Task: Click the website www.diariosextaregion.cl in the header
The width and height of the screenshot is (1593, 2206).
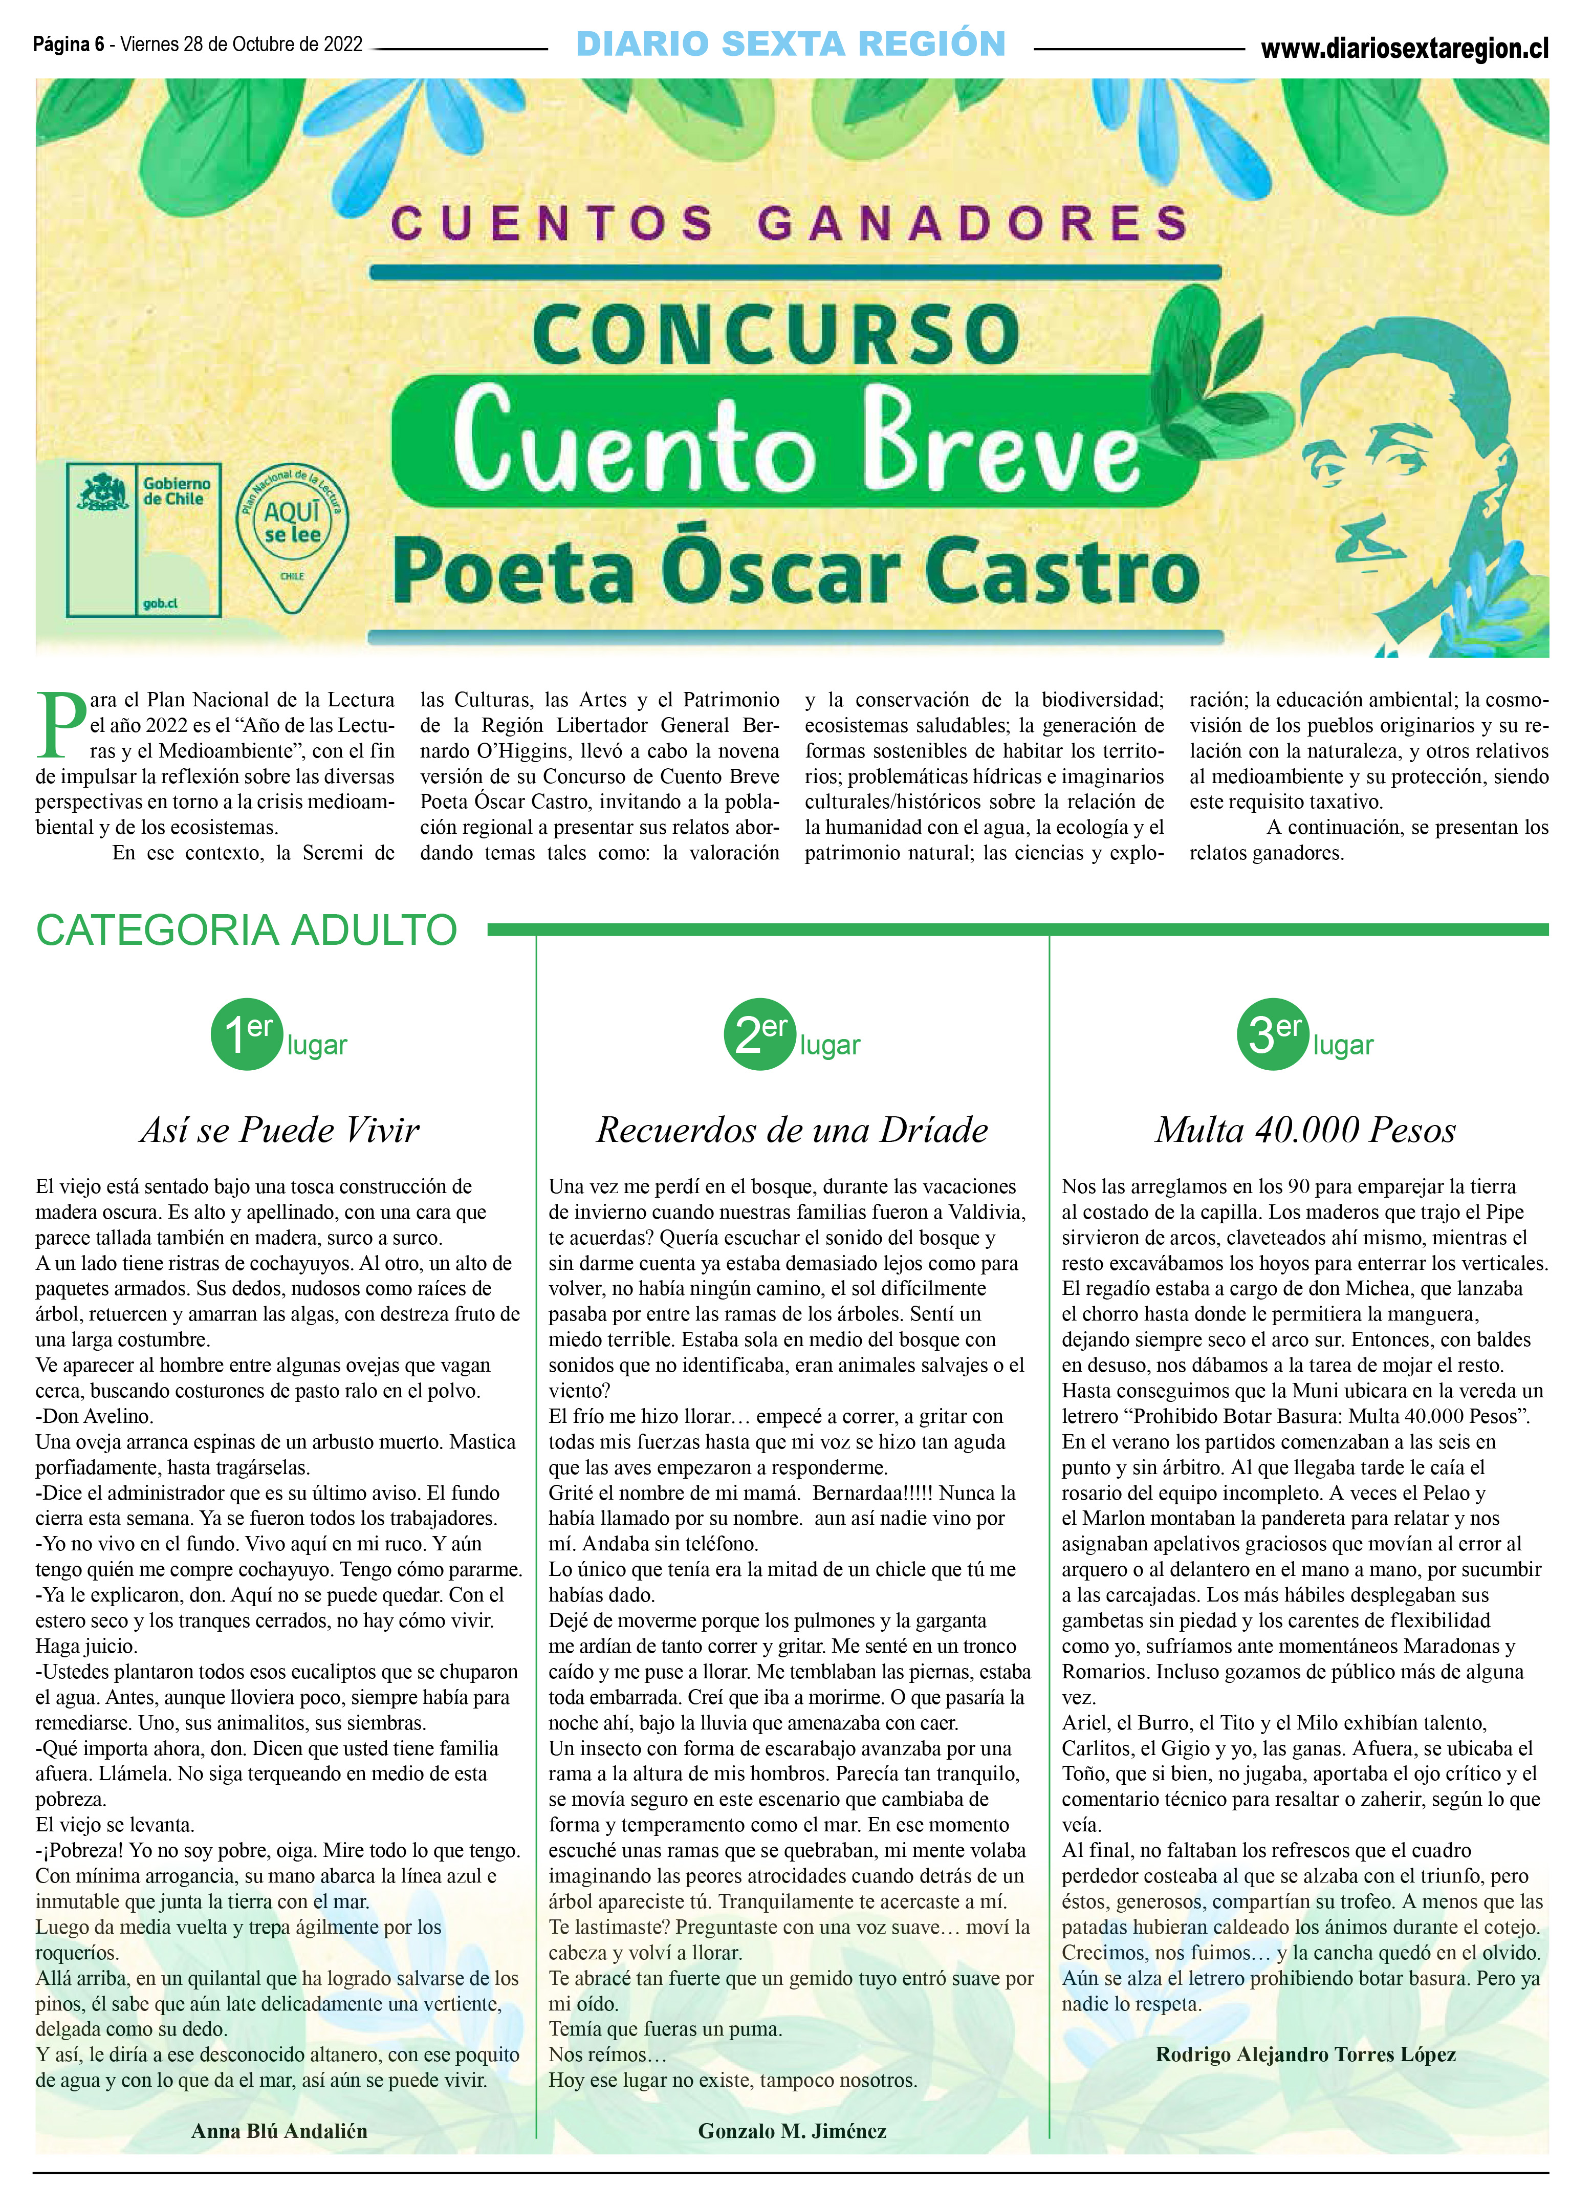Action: click(1403, 49)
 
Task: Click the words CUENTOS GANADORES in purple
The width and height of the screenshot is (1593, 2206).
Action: click(790, 223)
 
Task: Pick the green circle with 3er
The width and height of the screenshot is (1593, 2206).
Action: click(1272, 1035)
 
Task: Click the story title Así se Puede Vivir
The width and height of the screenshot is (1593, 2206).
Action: click(280, 1129)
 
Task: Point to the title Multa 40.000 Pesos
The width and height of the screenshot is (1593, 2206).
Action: click(1305, 1129)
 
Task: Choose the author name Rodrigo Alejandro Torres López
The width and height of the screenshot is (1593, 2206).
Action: click(1305, 2054)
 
